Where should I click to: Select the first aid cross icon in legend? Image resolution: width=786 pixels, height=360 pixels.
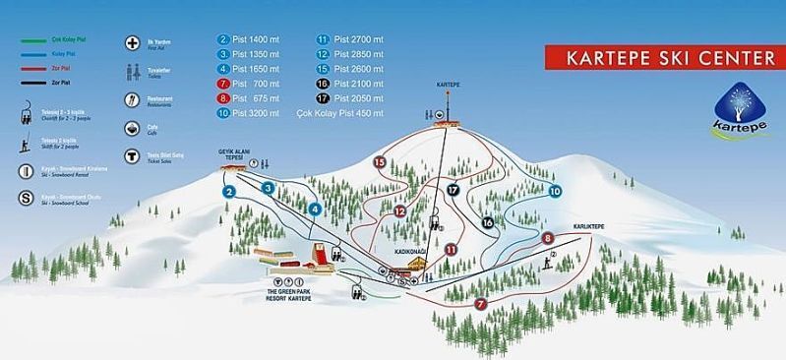(x=131, y=44)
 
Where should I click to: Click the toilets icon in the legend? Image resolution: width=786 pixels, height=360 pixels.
(x=131, y=72)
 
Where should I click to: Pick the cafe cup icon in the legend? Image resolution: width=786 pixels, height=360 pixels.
(x=131, y=128)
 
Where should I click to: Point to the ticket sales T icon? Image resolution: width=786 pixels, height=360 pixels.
(x=131, y=155)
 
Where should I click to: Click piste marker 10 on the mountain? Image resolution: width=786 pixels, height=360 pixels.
(x=555, y=191)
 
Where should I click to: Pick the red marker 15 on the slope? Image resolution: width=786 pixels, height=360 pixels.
(x=379, y=162)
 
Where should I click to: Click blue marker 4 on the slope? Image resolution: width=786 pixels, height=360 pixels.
(x=315, y=209)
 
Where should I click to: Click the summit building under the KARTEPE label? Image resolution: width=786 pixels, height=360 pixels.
(x=444, y=119)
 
